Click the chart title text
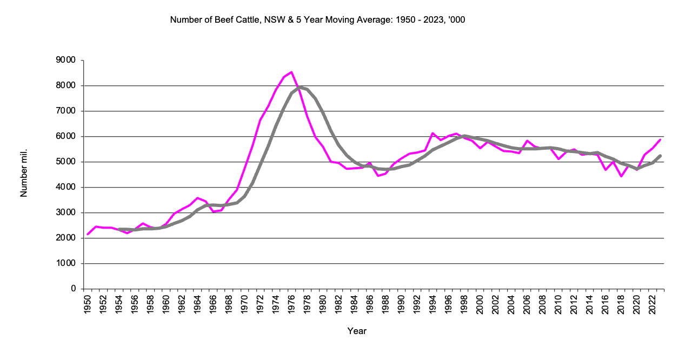[317, 20]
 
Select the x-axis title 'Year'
[357, 331]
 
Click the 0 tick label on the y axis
[73, 289]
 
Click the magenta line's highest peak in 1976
[291, 72]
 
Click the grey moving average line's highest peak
[300, 86]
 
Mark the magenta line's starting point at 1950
[88, 235]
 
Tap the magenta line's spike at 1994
[432, 133]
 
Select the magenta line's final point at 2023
[661, 139]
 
